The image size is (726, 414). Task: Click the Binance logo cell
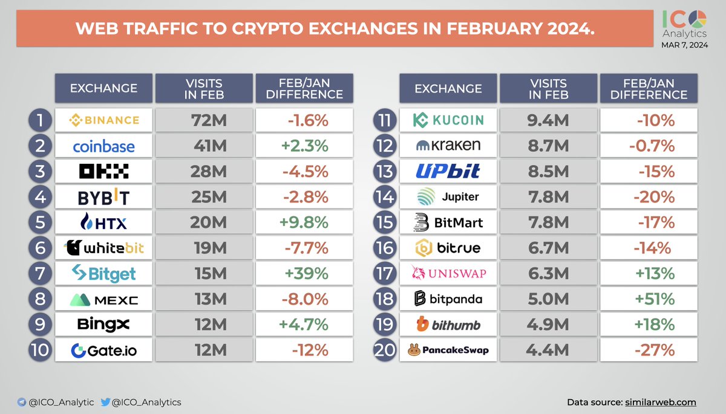(103, 120)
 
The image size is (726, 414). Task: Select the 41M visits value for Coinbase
(203, 146)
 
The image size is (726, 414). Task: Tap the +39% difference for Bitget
(304, 274)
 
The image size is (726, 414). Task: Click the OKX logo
(103, 172)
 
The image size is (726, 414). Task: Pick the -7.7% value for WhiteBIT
(304, 248)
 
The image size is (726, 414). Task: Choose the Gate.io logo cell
(103, 351)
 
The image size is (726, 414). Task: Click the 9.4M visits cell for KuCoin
(548, 120)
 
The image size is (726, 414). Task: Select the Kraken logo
(448, 146)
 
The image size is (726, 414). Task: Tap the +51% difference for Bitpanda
(649, 299)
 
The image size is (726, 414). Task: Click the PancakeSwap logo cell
(448, 351)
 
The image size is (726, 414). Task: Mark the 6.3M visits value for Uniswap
(548, 274)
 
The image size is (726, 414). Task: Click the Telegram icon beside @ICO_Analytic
(22, 402)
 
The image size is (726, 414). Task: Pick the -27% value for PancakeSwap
(649, 351)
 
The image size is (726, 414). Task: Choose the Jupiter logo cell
(448, 197)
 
